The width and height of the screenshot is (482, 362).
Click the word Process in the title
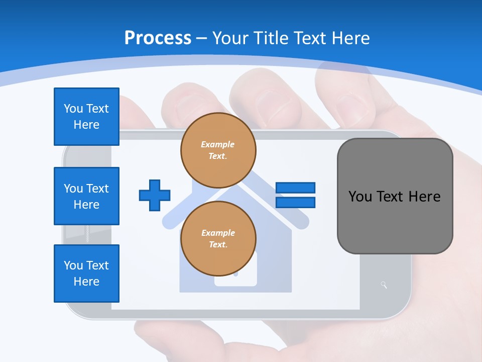158,38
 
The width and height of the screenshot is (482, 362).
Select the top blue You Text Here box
86,117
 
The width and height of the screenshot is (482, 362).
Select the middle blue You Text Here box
86,196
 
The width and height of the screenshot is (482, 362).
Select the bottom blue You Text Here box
86,274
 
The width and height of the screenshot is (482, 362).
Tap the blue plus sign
155,195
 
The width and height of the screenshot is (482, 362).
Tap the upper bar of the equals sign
295,188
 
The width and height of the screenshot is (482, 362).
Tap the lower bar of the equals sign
295,202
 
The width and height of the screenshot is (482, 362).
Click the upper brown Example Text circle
218,150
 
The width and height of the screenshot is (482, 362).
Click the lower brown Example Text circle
218,239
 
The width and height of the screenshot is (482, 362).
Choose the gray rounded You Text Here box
395,196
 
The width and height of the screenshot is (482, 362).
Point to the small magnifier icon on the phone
384,285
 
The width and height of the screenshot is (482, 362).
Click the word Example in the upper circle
218,144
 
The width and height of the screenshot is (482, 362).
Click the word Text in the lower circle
218,245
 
